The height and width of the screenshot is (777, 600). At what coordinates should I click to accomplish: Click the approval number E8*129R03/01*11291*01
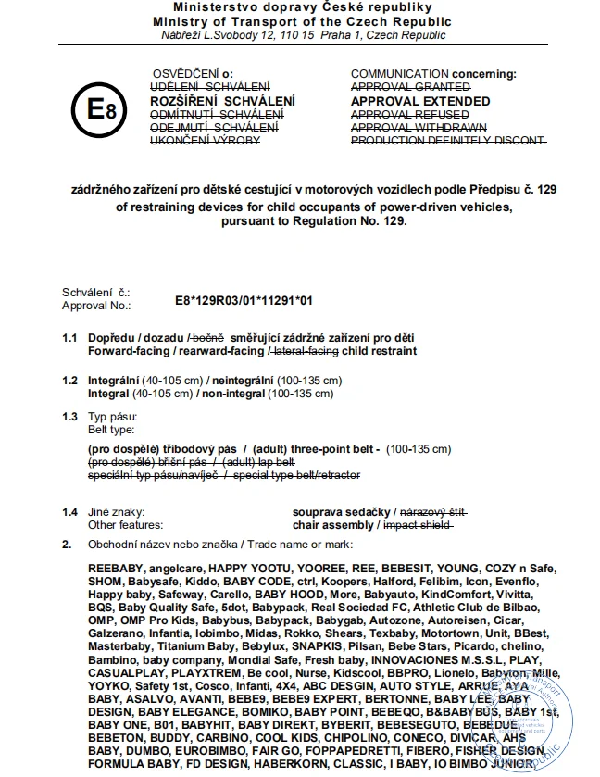pyautogui.click(x=244, y=301)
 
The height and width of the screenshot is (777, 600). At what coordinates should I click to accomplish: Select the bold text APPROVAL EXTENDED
pyautogui.click(x=420, y=101)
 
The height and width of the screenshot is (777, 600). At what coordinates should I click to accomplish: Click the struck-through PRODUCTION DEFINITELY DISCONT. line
pyautogui.click(x=449, y=140)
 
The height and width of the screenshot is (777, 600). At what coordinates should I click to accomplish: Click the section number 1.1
pyautogui.click(x=69, y=339)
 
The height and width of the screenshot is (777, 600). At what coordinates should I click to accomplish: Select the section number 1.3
pyautogui.click(x=69, y=417)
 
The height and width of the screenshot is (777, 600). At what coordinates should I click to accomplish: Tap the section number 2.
pyautogui.click(x=66, y=543)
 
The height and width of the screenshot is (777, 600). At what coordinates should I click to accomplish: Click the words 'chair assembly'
pyautogui.click(x=333, y=524)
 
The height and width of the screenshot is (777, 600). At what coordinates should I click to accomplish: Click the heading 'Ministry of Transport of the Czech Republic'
pyautogui.click(x=299, y=21)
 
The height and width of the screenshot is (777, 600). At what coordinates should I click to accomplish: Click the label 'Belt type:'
pyautogui.click(x=111, y=430)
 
